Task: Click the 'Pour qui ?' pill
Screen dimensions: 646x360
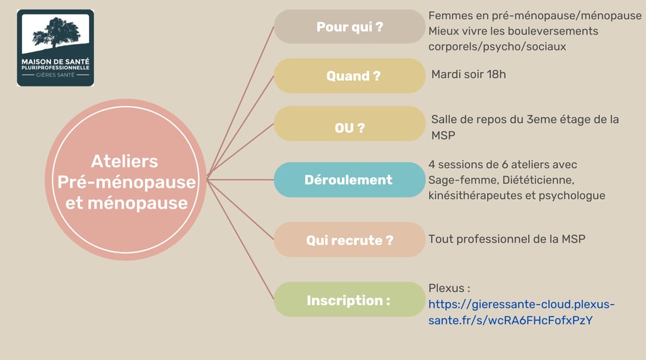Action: [349, 27]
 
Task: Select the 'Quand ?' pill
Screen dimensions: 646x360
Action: [349, 76]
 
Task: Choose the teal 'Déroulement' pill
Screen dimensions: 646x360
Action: [349, 180]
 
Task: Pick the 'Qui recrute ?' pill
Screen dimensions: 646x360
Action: [349, 240]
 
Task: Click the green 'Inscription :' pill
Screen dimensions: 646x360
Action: [349, 301]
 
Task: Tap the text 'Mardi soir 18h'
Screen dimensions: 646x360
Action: [468, 74]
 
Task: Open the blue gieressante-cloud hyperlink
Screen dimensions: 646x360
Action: [521, 305]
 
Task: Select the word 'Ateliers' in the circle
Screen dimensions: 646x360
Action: [124, 161]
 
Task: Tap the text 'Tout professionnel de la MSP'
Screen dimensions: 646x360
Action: [507, 239]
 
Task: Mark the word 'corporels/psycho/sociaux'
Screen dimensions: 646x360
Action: [497, 47]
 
